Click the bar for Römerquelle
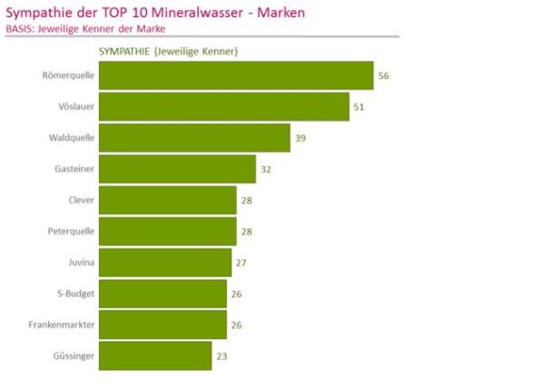[x=235, y=75]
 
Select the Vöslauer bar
[x=223, y=106]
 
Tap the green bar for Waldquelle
[x=193, y=138]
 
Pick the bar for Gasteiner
[x=177, y=169]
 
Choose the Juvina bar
[x=164, y=263]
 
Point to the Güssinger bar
[x=154, y=355]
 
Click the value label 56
[x=384, y=75]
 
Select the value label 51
[x=359, y=107]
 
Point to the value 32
[x=266, y=169]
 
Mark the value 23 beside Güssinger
[x=221, y=356]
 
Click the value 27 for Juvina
[x=241, y=263]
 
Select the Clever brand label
[x=81, y=200]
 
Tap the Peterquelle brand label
[x=71, y=231]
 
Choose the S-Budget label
[x=75, y=293]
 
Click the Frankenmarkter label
[x=64, y=324]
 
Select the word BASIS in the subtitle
[x=19, y=29]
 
